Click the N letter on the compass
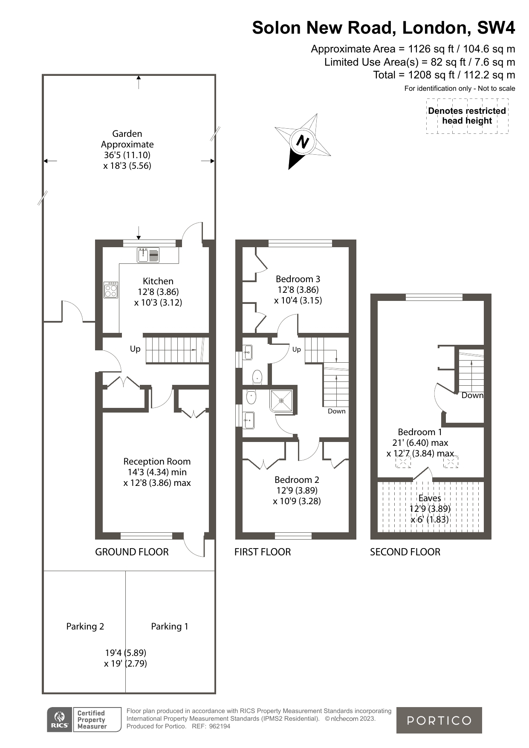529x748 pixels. click(302, 141)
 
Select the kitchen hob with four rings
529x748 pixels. click(111, 290)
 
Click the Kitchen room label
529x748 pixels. click(158, 281)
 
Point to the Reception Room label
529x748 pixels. click(157, 462)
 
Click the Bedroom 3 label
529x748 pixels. click(298, 279)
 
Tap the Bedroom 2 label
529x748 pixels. click(297, 480)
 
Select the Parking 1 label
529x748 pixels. click(170, 627)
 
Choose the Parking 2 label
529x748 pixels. click(85, 627)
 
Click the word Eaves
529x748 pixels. click(430, 498)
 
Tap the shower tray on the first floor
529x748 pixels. click(281, 401)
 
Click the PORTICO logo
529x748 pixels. click(439, 720)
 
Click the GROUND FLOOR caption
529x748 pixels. click(132, 552)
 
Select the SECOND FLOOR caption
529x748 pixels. click(405, 552)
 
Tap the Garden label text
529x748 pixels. click(127, 134)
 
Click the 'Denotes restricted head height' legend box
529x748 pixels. click(467, 116)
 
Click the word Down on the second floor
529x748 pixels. click(472, 396)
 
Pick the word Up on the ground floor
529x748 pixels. click(135, 349)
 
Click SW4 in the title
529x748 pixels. click(496, 28)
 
